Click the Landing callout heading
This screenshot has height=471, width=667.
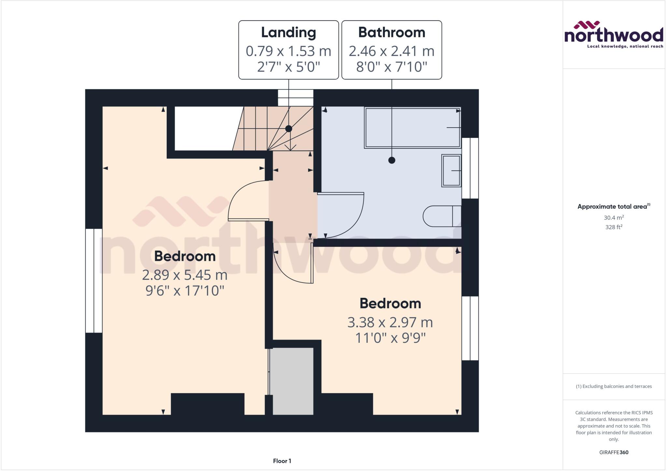(289, 33)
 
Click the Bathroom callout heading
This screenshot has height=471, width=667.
(391, 33)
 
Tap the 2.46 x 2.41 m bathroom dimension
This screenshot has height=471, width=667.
(391, 51)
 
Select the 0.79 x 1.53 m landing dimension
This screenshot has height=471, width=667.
(289, 51)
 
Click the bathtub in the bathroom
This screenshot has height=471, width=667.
(412, 128)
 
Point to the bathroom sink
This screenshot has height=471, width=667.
(451, 171)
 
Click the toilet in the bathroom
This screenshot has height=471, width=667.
(442, 216)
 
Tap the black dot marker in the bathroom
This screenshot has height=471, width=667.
(392, 160)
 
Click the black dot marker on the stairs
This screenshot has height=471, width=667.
(289, 129)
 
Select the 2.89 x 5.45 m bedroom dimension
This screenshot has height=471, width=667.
(185, 275)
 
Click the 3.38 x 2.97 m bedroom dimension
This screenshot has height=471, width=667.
(390, 323)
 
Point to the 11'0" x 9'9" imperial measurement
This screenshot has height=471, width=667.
(390, 338)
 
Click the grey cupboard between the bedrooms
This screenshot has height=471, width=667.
(293, 381)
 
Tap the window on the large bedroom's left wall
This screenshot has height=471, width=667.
(94, 281)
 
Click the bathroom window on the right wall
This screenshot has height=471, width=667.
(470, 168)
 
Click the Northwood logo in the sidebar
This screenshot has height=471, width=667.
(614, 35)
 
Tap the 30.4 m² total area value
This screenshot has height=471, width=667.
(614, 217)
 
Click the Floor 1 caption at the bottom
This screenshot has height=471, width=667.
(282, 461)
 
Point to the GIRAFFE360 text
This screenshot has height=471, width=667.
(614, 452)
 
